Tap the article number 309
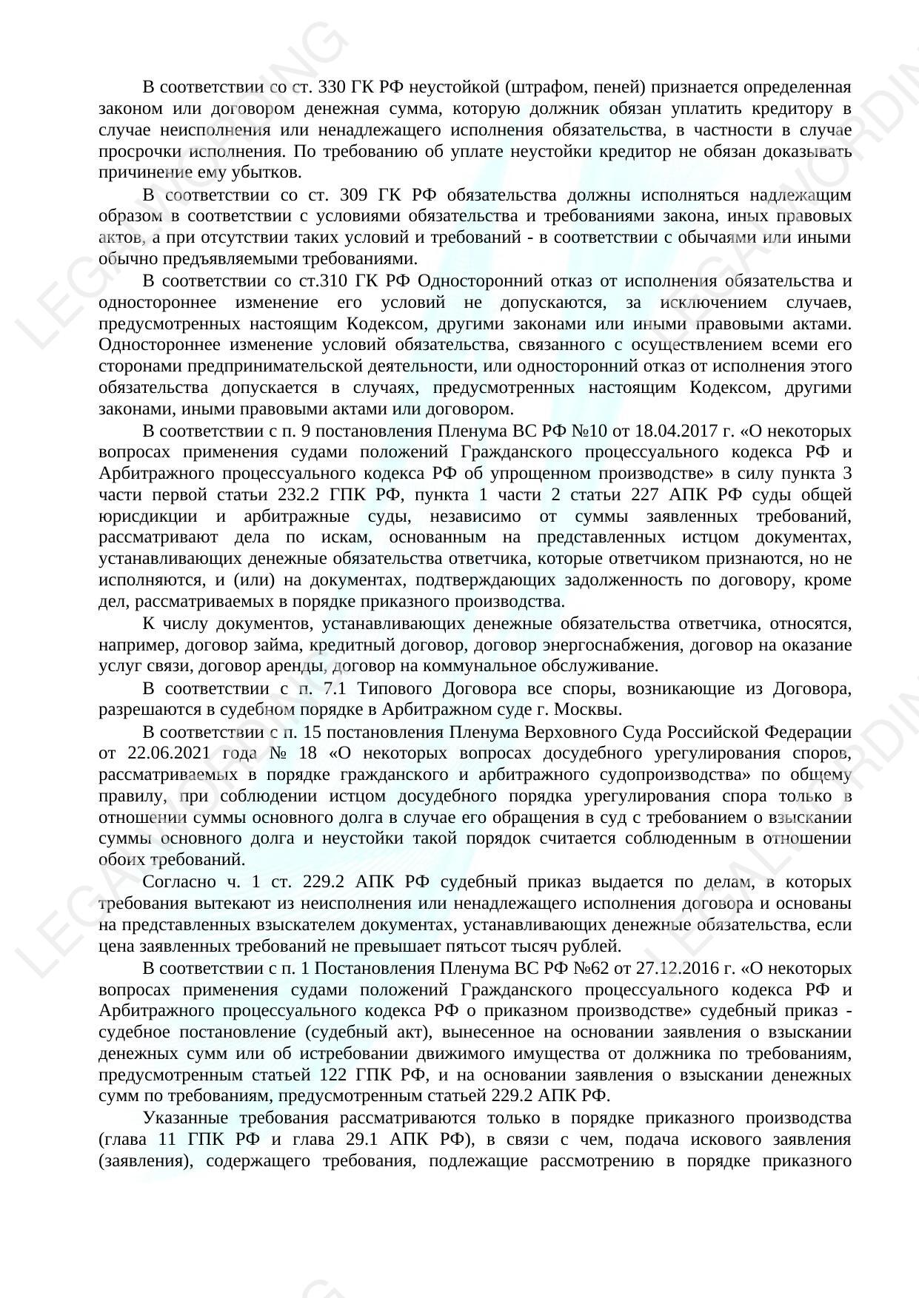356,195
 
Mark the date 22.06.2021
161,753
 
